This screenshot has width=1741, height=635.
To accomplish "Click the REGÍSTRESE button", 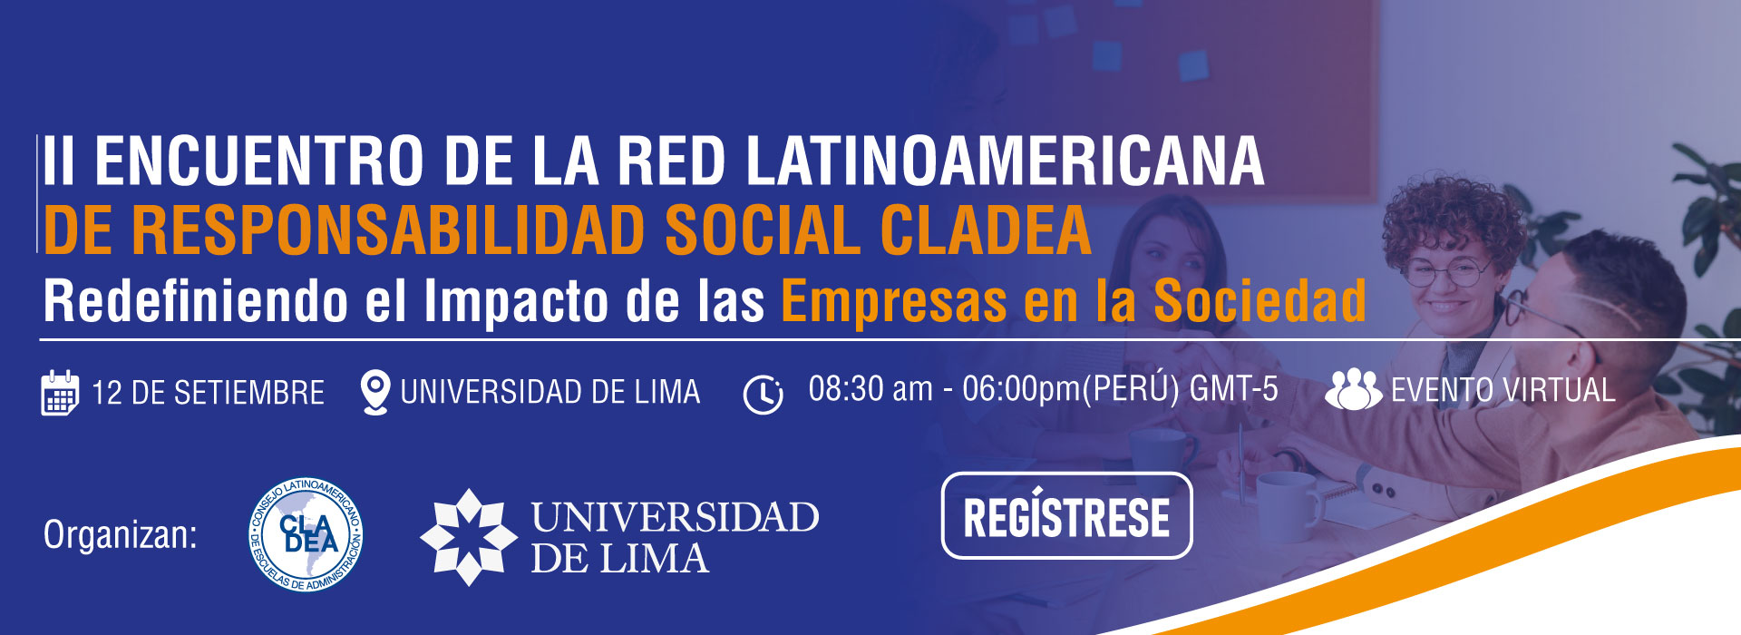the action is (1066, 515).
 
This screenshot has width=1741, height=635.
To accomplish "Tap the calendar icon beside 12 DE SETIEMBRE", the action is (60, 393).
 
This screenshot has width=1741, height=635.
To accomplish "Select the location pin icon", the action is (374, 393).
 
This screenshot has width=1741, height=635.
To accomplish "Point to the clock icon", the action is (763, 395).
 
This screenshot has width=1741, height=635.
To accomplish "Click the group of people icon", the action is (1353, 389).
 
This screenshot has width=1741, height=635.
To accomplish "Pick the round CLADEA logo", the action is (306, 535).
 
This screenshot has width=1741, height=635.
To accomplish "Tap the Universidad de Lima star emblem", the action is (469, 537).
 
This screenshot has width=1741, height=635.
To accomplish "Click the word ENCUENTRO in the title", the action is (259, 161).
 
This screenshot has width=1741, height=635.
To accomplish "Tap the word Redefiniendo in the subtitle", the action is (196, 300).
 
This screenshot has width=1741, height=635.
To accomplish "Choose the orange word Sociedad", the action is (1260, 300).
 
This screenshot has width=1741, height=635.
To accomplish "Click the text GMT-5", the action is (1234, 389).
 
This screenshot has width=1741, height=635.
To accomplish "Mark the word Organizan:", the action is (121, 535).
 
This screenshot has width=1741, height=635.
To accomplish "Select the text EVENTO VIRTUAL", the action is (1503, 390).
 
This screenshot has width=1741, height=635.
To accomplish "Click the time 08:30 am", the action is (870, 389).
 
